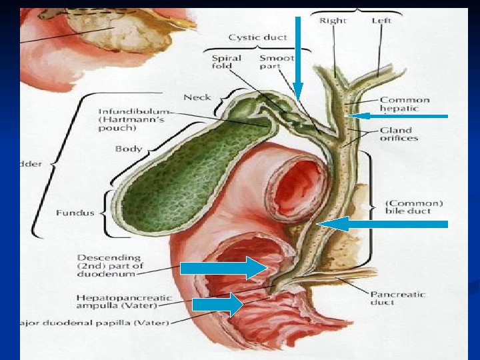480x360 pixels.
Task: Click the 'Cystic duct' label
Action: pyautogui.click(x=257, y=37)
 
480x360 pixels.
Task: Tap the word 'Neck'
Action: pyautogui.click(x=197, y=97)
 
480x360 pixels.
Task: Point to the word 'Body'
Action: pyautogui.click(x=128, y=148)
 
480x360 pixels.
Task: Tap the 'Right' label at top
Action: pyautogui.click(x=333, y=21)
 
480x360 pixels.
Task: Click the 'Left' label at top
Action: pyautogui.click(x=381, y=21)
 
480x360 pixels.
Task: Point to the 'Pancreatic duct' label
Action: pyautogui.click(x=397, y=298)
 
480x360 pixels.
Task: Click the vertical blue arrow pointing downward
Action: pyautogui.click(x=298, y=60)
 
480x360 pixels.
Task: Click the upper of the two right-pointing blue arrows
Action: pyautogui.click(x=224, y=269)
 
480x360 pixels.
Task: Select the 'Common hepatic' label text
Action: pyautogui.click(x=404, y=104)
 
